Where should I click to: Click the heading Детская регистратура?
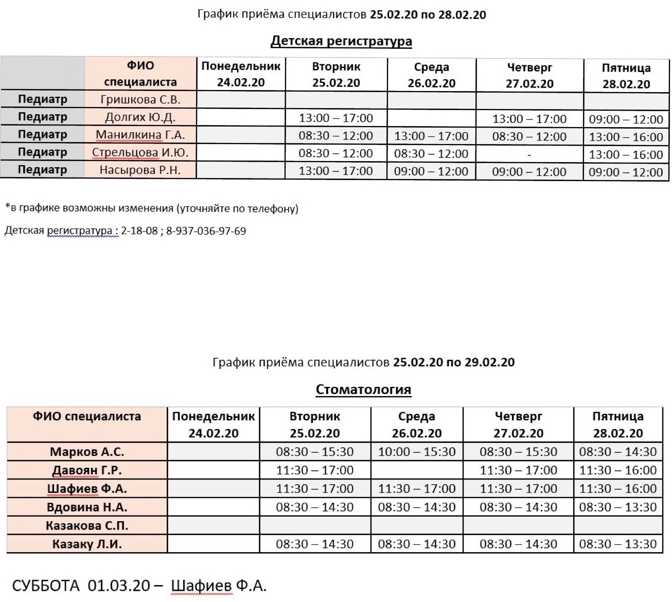tap(341, 41)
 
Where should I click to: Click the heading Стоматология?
tap(363, 389)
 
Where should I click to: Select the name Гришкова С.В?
tap(140, 99)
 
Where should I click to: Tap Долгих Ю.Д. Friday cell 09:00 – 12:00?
tap(626, 119)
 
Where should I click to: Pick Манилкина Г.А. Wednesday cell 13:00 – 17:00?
tap(431, 136)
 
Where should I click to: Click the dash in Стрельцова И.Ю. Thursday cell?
tap(529, 154)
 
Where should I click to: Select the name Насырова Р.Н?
tap(140, 170)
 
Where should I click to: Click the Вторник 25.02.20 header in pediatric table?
tap(336, 75)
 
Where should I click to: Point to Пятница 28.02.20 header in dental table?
tap(617, 424)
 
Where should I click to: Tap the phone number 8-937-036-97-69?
tap(206, 231)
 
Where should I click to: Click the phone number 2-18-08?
tap(139, 231)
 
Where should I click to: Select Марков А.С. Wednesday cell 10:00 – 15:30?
tap(417, 452)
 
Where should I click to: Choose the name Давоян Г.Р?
tap(87, 470)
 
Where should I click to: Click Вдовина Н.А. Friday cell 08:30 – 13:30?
tap(617, 507)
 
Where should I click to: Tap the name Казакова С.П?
tap(87, 526)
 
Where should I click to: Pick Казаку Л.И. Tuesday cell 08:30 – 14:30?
tap(314, 544)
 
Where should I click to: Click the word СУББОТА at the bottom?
tap(45, 586)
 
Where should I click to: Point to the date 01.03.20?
tap(119, 586)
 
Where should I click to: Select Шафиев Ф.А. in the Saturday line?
tap(218, 586)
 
